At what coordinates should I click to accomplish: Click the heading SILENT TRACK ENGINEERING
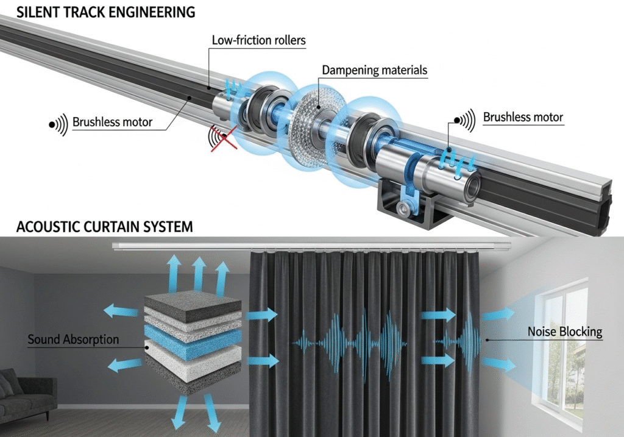point(97,12)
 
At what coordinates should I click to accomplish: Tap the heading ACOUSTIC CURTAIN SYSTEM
point(96,227)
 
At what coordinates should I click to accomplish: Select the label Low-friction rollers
point(258,41)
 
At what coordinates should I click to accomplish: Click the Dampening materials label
point(374,70)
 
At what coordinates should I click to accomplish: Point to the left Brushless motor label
point(112,122)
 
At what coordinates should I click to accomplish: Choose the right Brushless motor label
point(523,117)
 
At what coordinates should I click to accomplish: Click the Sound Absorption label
point(73,339)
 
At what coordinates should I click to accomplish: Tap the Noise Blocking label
point(564,332)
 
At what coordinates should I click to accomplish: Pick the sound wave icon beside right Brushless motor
point(466,120)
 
